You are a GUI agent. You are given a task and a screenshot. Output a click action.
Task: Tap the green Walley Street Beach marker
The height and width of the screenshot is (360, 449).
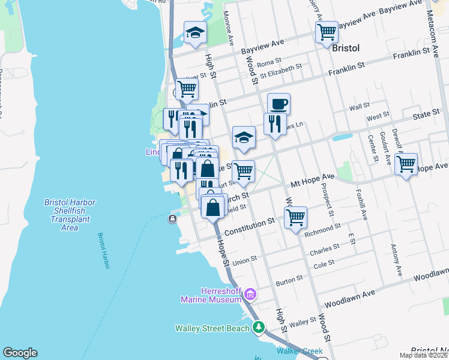(x=258, y=328)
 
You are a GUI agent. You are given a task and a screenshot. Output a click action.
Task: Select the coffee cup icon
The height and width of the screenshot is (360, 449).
(x=279, y=104)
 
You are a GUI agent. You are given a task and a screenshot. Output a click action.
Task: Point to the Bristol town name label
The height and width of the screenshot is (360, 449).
(x=345, y=47)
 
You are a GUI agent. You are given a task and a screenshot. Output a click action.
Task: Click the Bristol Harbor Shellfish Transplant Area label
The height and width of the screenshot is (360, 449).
(x=70, y=215)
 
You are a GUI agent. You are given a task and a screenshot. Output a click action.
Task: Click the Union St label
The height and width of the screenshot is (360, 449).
(x=245, y=261)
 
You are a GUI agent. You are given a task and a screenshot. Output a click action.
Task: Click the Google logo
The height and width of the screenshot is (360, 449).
(x=20, y=352)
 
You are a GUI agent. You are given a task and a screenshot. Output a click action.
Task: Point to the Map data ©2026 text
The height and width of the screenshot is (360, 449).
(x=424, y=355)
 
